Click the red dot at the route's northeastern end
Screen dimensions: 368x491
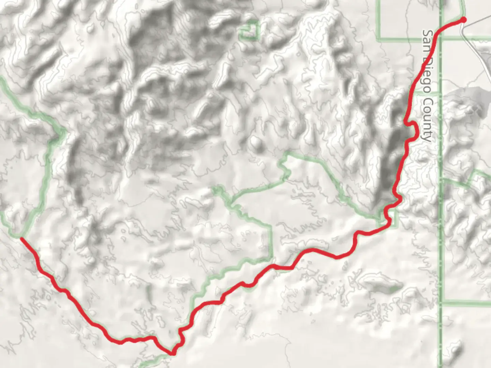(463, 20)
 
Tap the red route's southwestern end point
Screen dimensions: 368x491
(21, 238)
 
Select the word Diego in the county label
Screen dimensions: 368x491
(427, 75)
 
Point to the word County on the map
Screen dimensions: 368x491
(427, 119)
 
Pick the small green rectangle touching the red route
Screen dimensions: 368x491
(392, 218)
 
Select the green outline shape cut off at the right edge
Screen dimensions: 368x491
(481, 177)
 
